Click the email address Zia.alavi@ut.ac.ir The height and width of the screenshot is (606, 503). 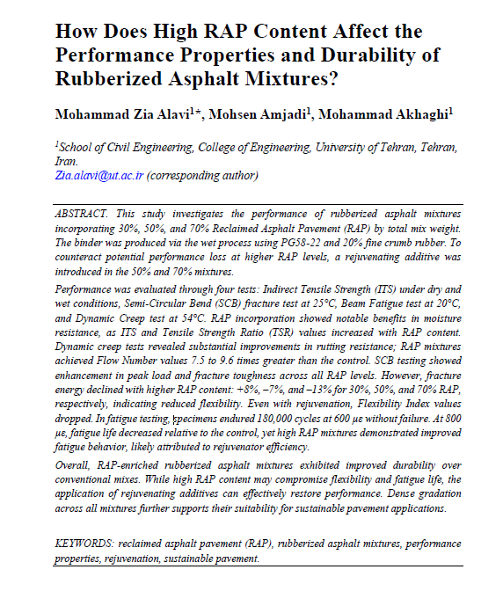click(98, 175)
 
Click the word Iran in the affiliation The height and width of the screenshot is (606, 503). click(66, 162)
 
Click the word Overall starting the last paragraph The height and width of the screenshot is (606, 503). click(72, 460)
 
